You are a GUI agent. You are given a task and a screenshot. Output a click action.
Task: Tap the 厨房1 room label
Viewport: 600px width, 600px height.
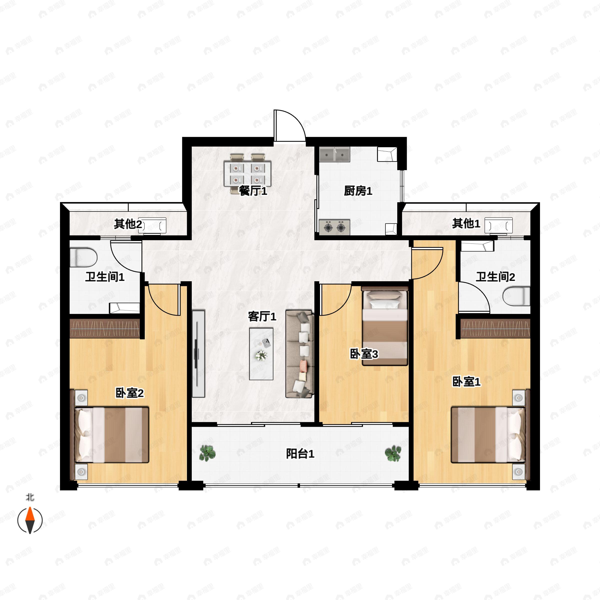click(358, 191)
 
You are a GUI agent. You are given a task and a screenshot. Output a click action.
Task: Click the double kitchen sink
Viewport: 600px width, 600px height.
click(334, 154)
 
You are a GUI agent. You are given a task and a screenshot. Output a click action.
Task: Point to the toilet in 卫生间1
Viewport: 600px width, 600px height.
click(83, 257)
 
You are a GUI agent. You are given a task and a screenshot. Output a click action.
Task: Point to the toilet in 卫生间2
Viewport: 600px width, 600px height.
click(516, 296)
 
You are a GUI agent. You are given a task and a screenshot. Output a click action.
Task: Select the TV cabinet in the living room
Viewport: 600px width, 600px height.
click(198, 353)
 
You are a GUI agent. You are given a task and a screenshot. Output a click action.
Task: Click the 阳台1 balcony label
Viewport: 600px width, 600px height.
click(300, 454)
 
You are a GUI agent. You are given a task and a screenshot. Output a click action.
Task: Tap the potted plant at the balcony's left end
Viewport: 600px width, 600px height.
click(207, 453)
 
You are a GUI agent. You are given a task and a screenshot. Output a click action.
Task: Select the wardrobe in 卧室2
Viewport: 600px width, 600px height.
click(105, 328)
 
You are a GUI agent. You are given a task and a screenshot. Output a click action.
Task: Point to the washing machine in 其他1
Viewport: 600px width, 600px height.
click(498, 225)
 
